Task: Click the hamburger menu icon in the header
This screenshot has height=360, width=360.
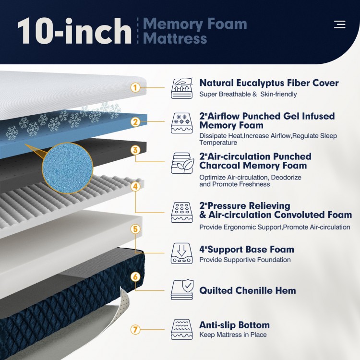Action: (x=339, y=24)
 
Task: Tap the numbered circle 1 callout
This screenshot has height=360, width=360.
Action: (x=135, y=87)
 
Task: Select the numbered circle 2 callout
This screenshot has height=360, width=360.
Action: (x=135, y=122)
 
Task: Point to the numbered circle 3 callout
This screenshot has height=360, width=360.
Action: (x=135, y=150)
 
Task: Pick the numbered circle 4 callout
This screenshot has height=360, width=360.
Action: (x=135, y=186)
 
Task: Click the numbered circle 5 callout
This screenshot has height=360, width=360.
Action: (x=135, y=229)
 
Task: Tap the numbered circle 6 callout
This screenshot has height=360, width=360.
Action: (x=135, y=276)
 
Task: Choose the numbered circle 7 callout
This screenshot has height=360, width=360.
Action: (x=135, y=329)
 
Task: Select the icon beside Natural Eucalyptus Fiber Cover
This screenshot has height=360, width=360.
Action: (x=181, y=88)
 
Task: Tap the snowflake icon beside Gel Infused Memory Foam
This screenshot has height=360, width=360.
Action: (x=181, y=123)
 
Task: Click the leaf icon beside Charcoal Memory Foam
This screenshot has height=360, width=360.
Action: (x=181, y=163)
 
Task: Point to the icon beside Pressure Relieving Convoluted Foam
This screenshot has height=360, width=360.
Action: (x=181, y=212)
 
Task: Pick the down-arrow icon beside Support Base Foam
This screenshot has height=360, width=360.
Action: (x=181, y=253)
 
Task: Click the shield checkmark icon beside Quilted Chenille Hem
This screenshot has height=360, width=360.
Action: (x=181, y=290)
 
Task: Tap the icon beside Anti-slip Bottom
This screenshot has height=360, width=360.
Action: (x=181, y=329)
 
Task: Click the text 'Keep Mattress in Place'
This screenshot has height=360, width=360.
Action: (x=233, y=335)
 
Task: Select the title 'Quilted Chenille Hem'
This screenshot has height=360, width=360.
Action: (x=248, y=290)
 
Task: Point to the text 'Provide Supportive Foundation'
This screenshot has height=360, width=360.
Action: (x=245, y=260)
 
